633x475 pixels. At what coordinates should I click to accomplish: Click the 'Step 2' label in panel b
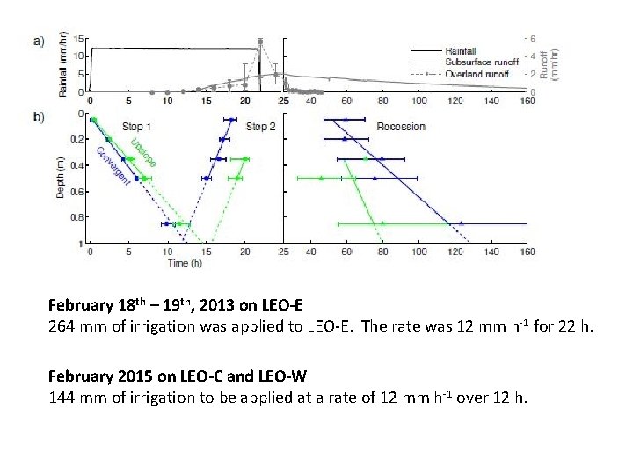[261, 127]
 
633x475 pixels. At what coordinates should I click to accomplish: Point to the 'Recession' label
[401, 127]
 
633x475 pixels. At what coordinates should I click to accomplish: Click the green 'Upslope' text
[142, 151]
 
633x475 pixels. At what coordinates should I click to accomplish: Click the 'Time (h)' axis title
[185, 262]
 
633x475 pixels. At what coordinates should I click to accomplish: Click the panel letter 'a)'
[38, 40]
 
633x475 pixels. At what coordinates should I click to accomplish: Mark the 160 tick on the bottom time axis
[527, 252]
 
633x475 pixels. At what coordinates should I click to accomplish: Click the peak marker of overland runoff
[260, 41]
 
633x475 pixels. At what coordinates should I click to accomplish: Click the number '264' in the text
[62, 327]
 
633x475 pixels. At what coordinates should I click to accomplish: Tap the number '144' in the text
[62, 397]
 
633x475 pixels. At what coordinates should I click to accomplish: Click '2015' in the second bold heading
[132, 376]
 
